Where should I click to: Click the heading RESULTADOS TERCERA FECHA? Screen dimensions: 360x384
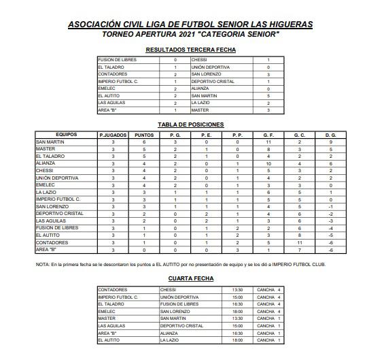pyautogui.click(x=191, y=50)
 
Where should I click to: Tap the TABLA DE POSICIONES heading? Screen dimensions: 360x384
pyautogui.click(x=191, y=125)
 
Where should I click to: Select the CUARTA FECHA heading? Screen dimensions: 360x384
pyautogui.click(x=191, y=278)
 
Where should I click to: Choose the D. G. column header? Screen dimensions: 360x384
pyautogui.click(x=330, y=135)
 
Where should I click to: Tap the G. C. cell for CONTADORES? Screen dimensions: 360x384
pyautogui.click(x=300, y=242)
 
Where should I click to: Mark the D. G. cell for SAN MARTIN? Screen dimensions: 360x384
pyautogui.click(x=330, y=142)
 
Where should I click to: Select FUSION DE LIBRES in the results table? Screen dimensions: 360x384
pyautogui.click(x=118, y=60)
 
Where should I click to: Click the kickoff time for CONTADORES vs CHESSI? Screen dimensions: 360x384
pyautogui.click(x=237, y=290)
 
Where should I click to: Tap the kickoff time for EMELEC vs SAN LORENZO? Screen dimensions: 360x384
pyautogui.click(x=237, y=311)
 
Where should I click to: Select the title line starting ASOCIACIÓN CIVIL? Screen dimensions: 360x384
pyautogui.click(x=191, y=24)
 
